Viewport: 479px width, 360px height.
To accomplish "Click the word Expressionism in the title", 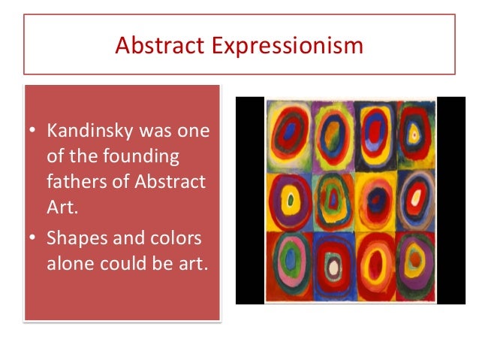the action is click(287, 46).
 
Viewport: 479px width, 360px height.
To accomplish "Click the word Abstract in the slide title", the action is click(159, 45).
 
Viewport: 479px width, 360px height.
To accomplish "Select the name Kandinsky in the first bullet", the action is click(90, 131).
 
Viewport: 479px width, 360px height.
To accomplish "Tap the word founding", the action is click(141, 156).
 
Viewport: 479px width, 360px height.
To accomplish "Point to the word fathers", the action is click(77, 181).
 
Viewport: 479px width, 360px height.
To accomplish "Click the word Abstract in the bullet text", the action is click(170, 181).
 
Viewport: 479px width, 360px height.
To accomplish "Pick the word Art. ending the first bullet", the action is click(62, 207).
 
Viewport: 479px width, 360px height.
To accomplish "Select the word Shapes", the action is click(77, 238).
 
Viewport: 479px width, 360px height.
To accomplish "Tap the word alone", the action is click(70, 263).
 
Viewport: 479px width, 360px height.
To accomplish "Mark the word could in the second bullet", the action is click(123, 263).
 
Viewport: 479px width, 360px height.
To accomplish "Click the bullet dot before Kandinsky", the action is click(32, 129).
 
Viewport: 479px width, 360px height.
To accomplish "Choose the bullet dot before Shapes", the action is click(32, 237).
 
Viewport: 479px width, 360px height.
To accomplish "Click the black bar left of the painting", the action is click(250, 201).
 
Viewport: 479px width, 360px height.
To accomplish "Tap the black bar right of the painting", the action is click(451, 201).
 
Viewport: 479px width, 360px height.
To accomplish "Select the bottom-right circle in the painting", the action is click(415, 266).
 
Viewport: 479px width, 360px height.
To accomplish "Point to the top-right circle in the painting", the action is click(415, 134).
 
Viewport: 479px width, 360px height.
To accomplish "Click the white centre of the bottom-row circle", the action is click(333, 267).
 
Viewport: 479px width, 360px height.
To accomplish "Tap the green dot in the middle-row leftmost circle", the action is click(291, 201).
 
